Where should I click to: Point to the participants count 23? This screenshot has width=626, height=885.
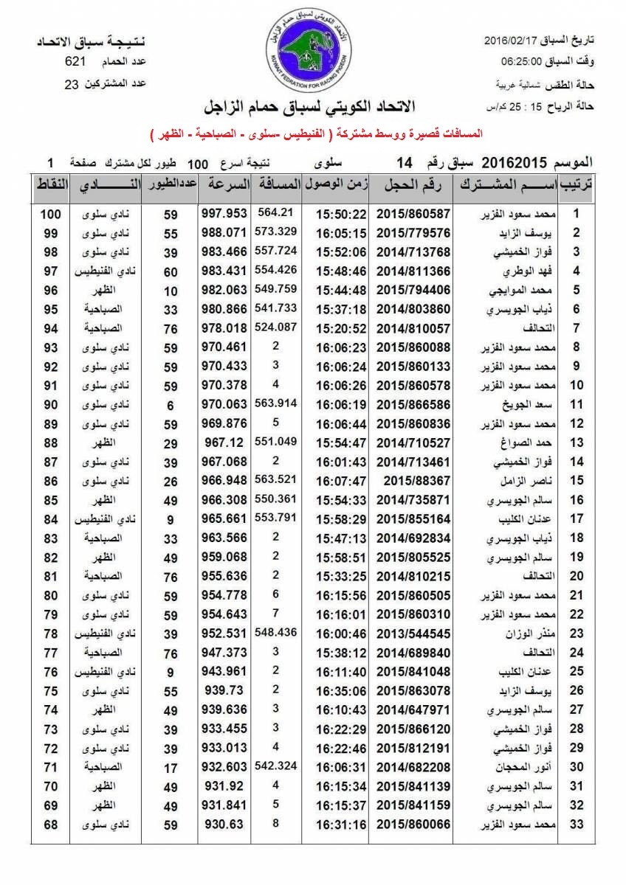click(72, 84)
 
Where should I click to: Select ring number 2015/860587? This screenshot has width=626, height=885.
click(413, 214)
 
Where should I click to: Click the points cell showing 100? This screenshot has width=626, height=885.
click(50, 214)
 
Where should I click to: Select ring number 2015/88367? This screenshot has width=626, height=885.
click(413, 481)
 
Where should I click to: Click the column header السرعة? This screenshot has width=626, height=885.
click(224, 184)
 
